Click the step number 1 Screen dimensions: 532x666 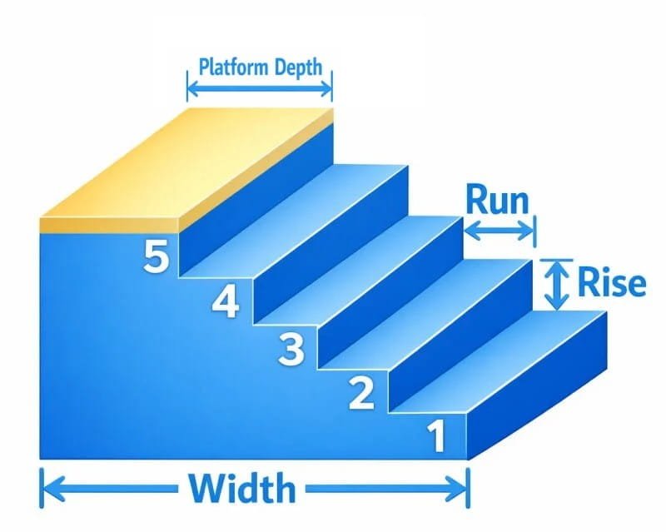pos(436,436)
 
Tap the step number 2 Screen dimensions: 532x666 pos(360,392)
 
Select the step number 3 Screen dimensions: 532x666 pos(291,348)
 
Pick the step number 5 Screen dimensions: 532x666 pos(157,256)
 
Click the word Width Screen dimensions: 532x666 pos(241,489)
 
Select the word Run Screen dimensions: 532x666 pos(497,200)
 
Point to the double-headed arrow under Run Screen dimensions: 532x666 pos(499,231)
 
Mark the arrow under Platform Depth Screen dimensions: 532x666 pos(259,86)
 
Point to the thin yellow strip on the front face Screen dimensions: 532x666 pos(108,225)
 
